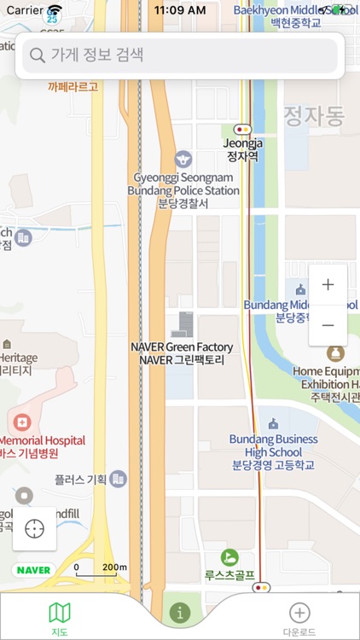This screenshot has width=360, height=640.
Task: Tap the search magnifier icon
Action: click(x=37, y=56)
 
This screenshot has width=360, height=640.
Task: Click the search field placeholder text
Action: click(x=97, y=56)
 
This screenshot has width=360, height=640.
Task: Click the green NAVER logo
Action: click(x=34, y=569)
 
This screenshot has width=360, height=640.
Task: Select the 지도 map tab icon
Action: click(x=60, y=612)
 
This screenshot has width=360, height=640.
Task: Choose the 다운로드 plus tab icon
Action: click(x=299, y=612)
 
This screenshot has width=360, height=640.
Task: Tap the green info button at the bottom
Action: click(x=179, y=612)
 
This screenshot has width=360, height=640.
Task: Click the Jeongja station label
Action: click(x=242, y=150)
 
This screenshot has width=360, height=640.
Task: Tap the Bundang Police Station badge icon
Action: click(x=183, y=159)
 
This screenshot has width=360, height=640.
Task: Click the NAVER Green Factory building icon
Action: click(x=183, y=325)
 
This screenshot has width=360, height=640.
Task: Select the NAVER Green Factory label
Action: click(x=183, y=353)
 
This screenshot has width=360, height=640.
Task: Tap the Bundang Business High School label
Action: click(x=273, y=451)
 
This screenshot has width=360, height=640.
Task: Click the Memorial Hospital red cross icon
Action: click(x=21, y=422)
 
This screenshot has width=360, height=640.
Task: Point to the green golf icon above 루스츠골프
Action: click(x=229, y=557)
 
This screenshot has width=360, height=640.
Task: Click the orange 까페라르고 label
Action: click(x=73, y=86)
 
